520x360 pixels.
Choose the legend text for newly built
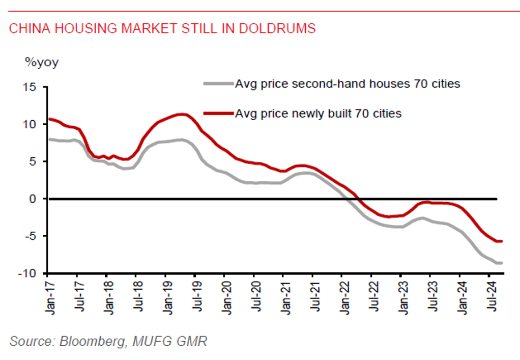[318, 114]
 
